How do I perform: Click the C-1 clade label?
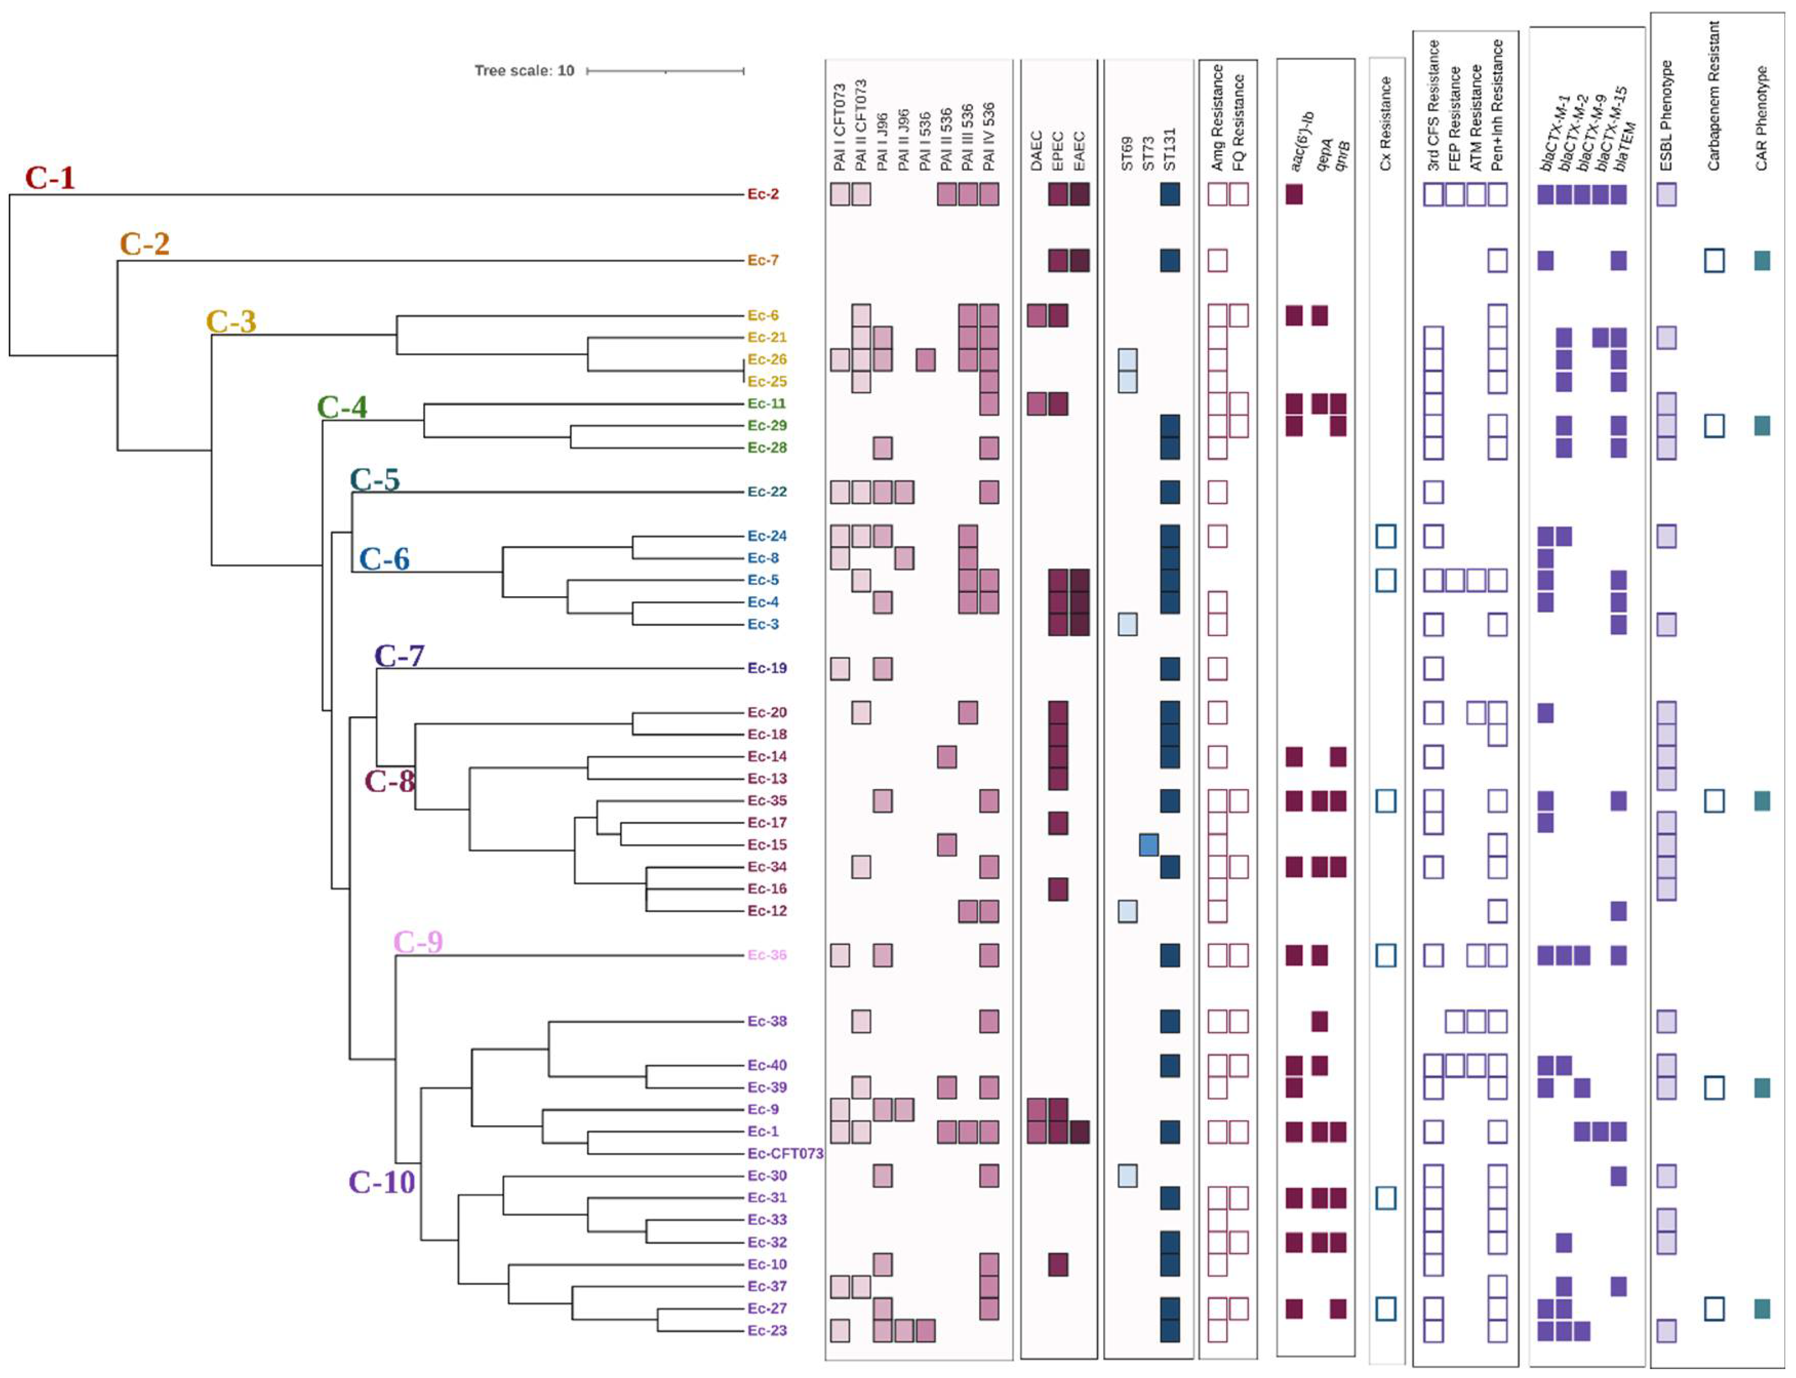50,177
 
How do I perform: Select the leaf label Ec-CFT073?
784,1153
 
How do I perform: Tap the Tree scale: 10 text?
524,71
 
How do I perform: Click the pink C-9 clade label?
417,942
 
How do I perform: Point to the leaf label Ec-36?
766,955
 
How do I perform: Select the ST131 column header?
1169,149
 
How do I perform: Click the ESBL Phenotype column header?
1666,116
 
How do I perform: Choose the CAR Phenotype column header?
1761,119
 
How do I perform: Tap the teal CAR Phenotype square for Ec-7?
1762,261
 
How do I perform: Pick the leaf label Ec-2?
762,194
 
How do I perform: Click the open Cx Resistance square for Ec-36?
1385,955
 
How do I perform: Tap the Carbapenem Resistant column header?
1713,97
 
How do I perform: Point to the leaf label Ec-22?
766,491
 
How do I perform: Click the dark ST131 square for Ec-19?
1169,668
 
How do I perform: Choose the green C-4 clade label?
342,407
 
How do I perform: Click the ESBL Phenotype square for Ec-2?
1666,194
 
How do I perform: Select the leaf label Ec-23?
766,1330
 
